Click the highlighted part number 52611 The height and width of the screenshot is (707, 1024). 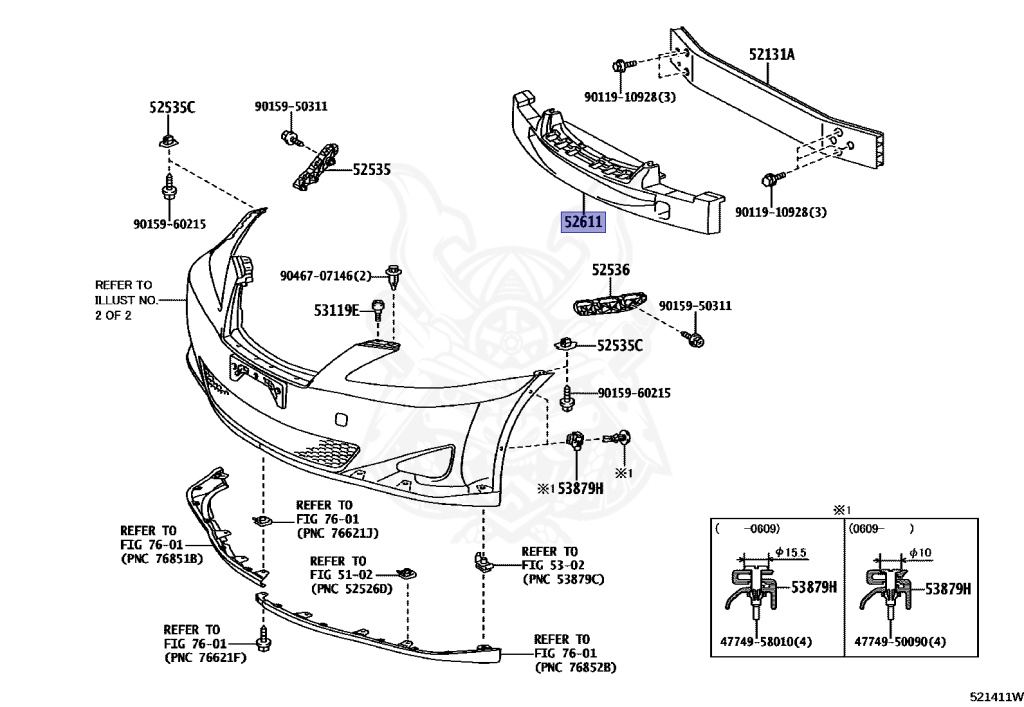(581, 221)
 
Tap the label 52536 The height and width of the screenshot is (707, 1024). (610, 269)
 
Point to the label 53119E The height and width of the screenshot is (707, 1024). (337, 311)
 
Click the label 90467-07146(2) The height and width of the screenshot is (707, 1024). (325, 275)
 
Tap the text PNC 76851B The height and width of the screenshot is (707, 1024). (161, 558)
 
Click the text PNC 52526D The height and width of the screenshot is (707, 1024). (351, 588)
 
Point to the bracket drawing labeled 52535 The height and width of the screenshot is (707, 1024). (315, 165)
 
